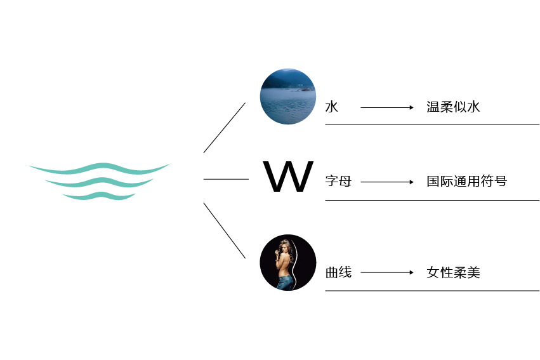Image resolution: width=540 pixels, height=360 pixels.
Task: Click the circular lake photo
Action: [288, 97]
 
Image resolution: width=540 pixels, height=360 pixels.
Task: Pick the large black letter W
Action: [288, 177]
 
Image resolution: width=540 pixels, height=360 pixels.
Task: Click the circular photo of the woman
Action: [288, 262]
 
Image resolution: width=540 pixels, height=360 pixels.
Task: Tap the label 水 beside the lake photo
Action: [332, 107]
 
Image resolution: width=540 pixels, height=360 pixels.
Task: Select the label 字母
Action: [339, 181]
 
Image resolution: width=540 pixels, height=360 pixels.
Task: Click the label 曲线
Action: [339, 272]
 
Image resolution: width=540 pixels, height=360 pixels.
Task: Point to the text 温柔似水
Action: [453, 107]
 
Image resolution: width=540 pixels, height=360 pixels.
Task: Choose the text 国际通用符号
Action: [466, 181]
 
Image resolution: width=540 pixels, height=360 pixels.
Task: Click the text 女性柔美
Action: [453, 272]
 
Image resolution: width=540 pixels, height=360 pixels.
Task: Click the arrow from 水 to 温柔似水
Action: [387, 107]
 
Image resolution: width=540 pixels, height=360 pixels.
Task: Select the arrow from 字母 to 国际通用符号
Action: [387, 182]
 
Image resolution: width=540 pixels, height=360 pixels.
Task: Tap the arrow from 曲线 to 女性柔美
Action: [387, 272]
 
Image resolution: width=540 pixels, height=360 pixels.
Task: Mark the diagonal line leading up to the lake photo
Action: [225, 128]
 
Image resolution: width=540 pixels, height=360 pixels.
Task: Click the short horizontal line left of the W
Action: [226, 179]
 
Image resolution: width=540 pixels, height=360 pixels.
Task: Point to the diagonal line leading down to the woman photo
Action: [225, 230]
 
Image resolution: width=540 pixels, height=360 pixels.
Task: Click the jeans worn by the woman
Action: [286, 282]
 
